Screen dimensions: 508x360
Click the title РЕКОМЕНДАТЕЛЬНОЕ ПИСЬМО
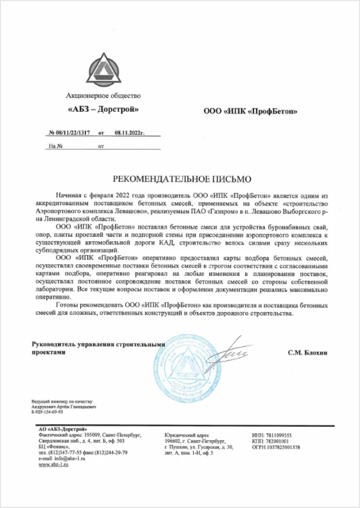coord(182,178)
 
